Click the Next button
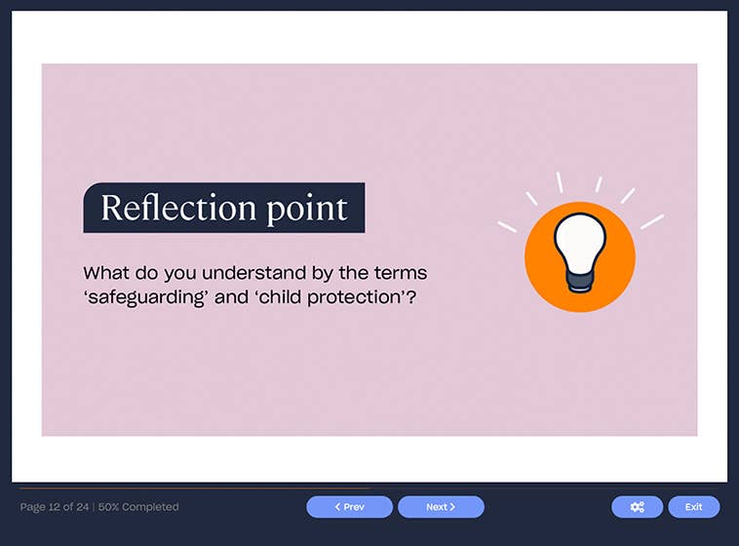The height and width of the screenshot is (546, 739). tap(441, 507)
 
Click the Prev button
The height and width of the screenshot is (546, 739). tap(349, 507)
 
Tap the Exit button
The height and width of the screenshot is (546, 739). tap(693, 507)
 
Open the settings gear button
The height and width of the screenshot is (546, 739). tap(637, 507)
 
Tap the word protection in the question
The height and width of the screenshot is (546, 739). tap(360, 297)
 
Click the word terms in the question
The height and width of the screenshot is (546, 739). tap(400, 273)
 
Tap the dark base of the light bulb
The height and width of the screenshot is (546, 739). tap(579, 282)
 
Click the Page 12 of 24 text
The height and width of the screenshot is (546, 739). tap(55, 507)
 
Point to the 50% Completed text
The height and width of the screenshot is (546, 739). tap(138, 507)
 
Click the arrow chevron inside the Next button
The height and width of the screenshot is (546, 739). tap(452, 507)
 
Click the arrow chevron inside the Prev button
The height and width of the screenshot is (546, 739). tap(337, 507)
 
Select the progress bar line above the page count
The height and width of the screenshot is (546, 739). tap(195, 487)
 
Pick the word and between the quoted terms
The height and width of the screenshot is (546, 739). tap(231, 297)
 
